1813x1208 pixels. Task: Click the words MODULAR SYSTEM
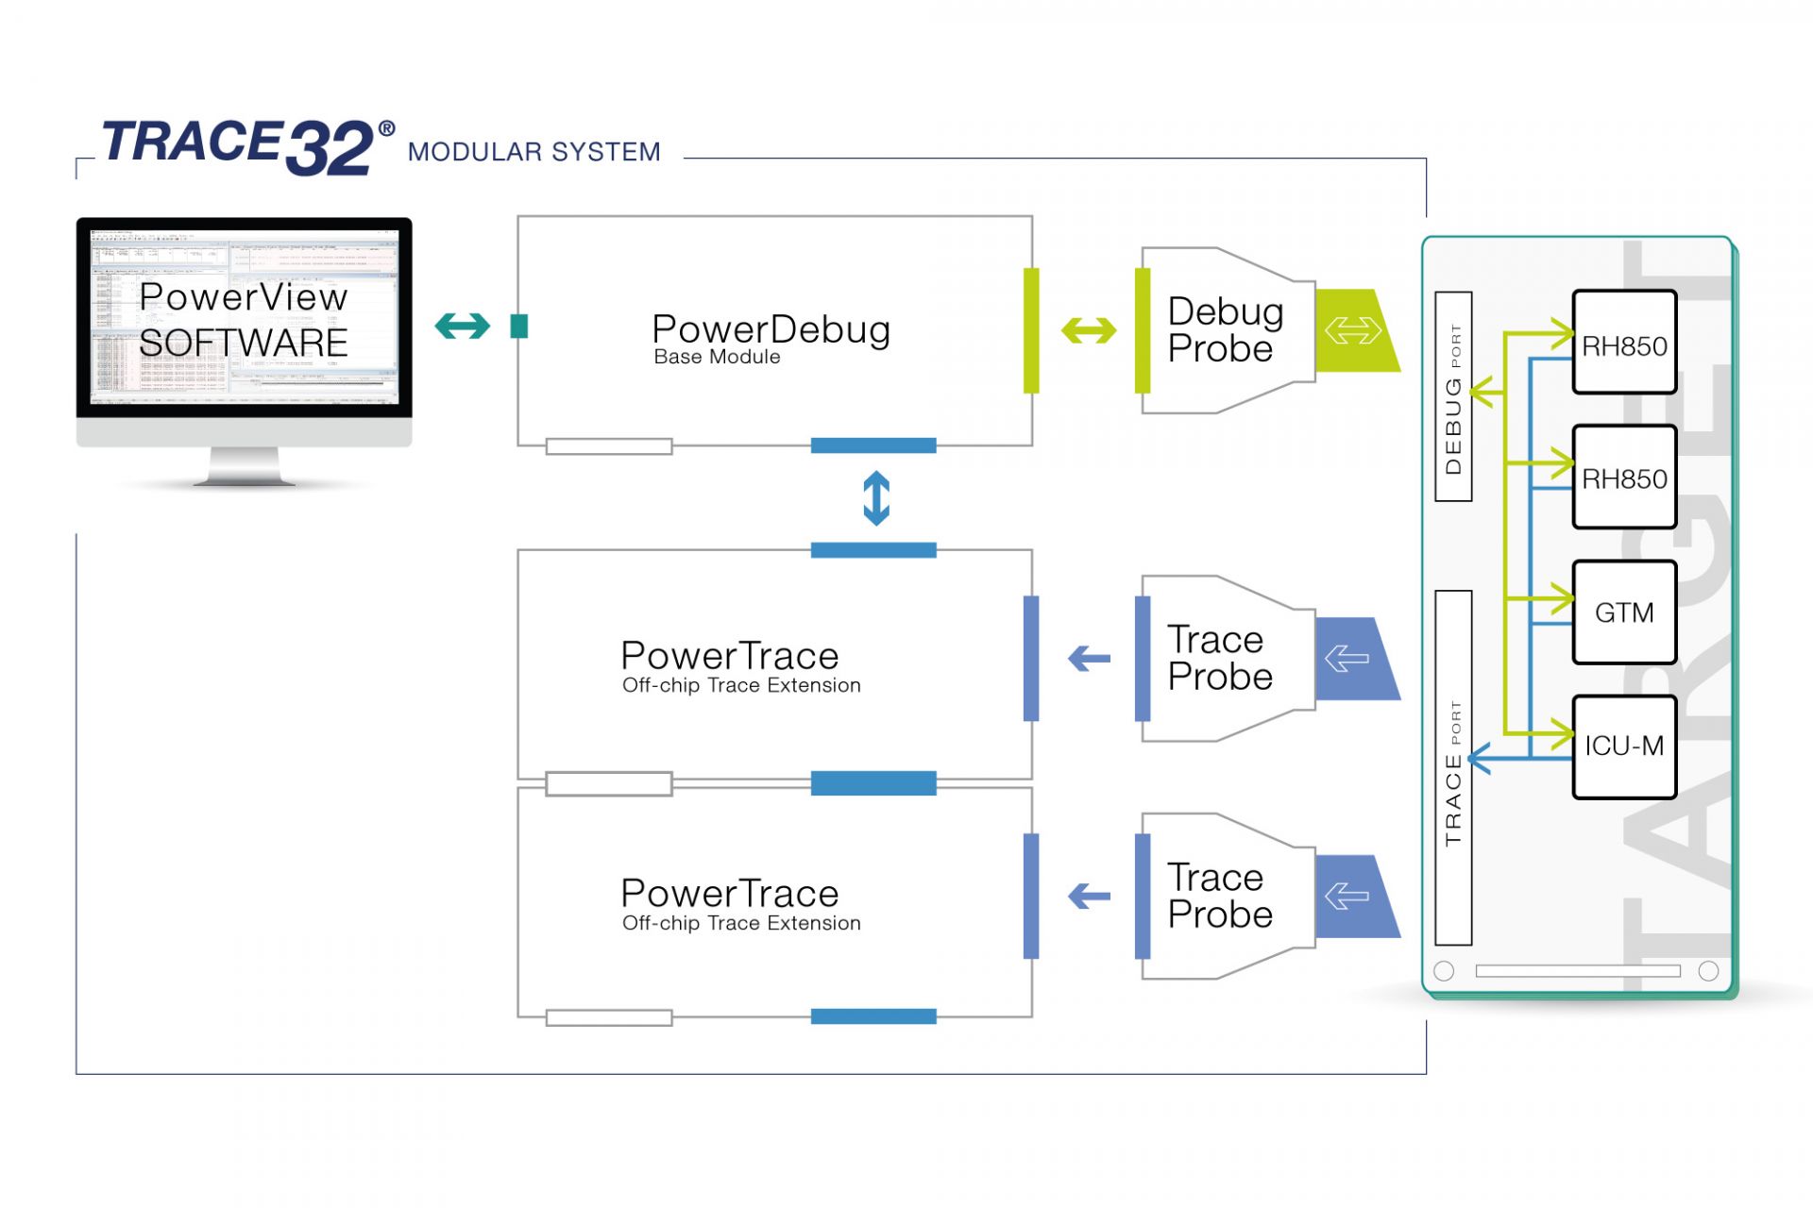click(534, 152)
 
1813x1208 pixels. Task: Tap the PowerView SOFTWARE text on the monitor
click(244, 320)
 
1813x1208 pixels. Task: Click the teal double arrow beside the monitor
click(463, 327)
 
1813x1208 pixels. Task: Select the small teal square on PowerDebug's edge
click(518, 327)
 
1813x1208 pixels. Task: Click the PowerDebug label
click(771, 329)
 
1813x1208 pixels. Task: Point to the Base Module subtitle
click(717, 358)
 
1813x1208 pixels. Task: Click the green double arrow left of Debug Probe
click(1089, 330)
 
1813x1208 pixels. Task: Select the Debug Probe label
click(1224, 330)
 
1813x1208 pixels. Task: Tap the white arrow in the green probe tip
click(1352, 330)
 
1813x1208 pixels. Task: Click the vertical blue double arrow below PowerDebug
click(876, 498)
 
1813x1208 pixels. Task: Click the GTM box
click(1624, 612)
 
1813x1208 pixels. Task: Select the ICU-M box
click(1624, 747)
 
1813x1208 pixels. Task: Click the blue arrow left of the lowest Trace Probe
click(1089, 896)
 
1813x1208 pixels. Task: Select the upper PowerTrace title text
click(729, 656)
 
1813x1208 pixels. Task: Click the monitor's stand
click(244, 466)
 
